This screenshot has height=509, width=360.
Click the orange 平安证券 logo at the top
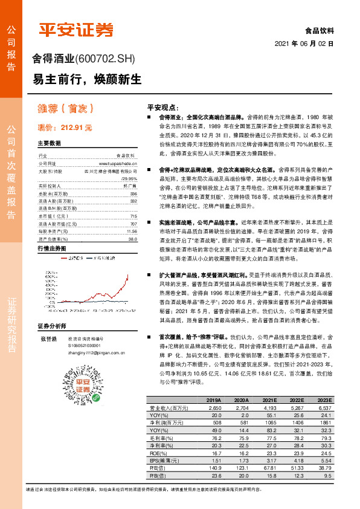coord(76,29)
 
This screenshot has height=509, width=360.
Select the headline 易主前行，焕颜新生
coord(87,80)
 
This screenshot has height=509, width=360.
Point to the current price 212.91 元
coord(65,128)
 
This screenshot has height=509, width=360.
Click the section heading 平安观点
coord(163,106)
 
